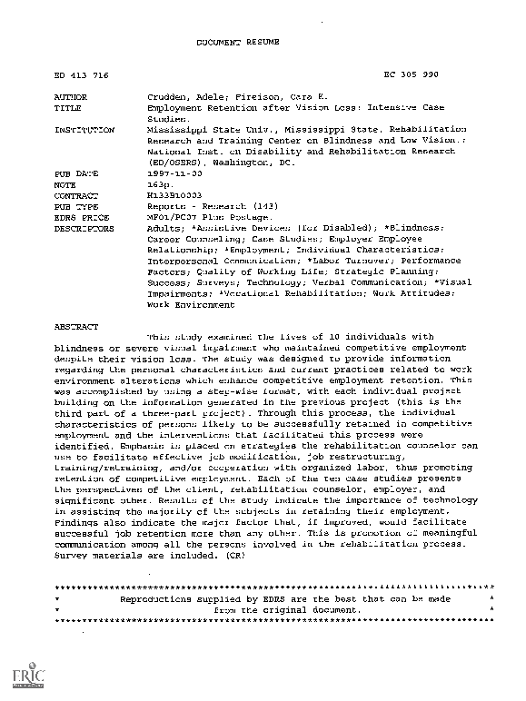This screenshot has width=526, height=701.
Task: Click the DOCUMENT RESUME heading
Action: tap(234, 42)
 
